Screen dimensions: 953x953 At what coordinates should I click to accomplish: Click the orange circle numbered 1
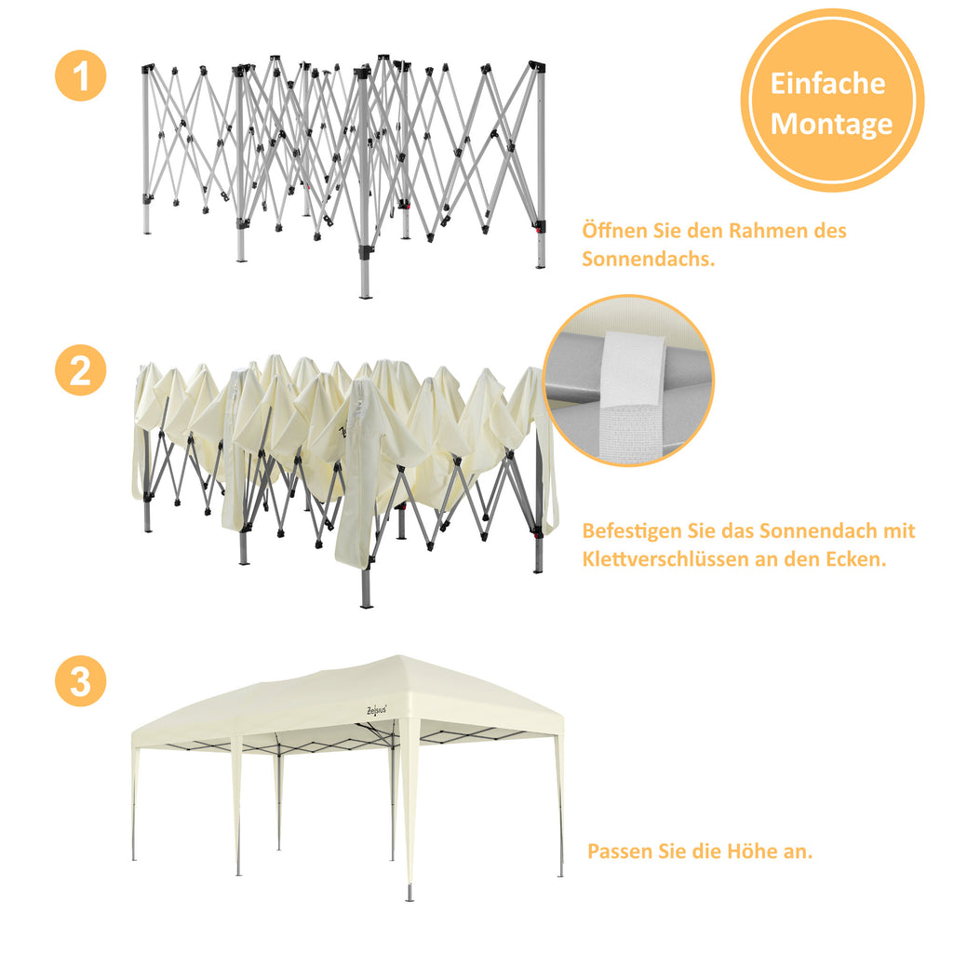click(x=81, y=75)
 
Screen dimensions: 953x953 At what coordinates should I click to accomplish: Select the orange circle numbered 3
click(x=81, y=681)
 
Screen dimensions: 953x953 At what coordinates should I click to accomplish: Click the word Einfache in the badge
click(x=827, y=84)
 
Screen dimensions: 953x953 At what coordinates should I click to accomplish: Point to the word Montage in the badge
click(x=831, y=124)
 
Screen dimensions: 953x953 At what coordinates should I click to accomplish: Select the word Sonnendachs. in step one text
click(x=649, y=259)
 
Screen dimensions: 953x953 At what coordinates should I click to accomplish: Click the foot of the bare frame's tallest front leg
click(x=366, y=295)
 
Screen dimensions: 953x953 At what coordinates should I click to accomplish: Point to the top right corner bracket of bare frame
click(x=536, y=68)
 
